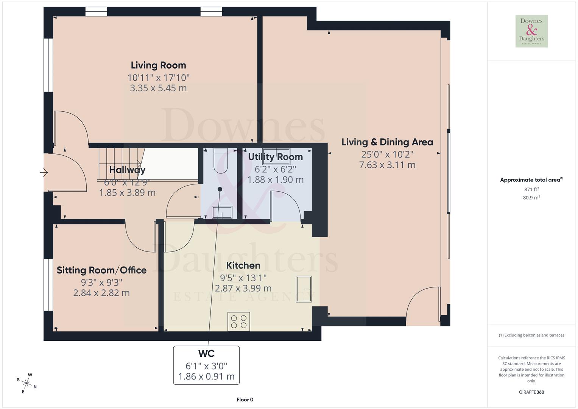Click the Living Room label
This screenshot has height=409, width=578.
(x=158, y=65)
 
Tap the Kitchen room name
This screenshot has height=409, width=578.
(x=243, y=265)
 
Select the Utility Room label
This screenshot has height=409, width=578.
(x=275, y=157)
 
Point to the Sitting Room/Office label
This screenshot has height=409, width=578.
(x=101, y=270)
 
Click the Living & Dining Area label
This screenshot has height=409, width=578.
(x=387, y=142)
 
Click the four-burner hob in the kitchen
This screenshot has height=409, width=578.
(x=238, y=321)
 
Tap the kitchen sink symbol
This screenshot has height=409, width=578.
(x=304, y=289)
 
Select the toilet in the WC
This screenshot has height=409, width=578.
(x=220, y=161)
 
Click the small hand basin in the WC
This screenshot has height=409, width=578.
(x=222, y=212)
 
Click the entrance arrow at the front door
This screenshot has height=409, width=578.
(x=44, y=173)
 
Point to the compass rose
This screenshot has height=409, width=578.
(x=26, y=383)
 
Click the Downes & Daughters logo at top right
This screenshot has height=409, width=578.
(x=531, y=31)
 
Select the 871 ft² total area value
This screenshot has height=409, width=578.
(x=531, y=189)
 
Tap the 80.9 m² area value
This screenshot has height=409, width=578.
(x=531, y=197)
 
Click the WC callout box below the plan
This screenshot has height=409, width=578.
(x=206, y=365)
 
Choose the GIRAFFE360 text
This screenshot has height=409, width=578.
(x=531, y=392)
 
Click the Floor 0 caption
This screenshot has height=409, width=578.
(x=245, y=400)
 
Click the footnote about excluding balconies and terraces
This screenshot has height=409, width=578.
(x=531, y=335)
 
